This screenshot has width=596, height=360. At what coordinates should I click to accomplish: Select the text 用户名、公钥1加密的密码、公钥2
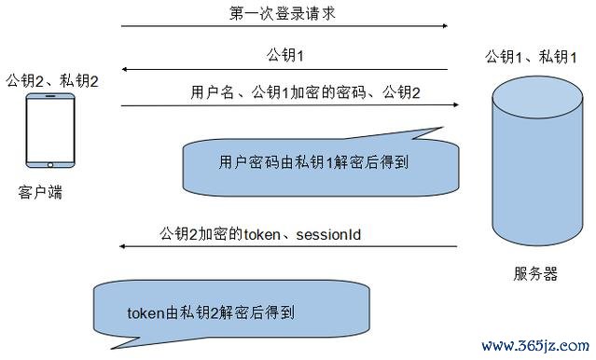[305, 93]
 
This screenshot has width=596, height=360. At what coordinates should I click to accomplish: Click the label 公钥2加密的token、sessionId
[260, 232]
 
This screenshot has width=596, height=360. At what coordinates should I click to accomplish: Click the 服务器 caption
[534, 273]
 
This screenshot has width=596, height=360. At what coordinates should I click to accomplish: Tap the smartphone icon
[50, 132]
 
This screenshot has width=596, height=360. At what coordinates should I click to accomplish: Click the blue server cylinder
[534, 164]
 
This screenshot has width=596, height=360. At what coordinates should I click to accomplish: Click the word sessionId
[328, 232]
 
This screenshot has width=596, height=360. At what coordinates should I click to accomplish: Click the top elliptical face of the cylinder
[534, 94]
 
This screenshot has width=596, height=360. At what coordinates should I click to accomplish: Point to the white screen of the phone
[50, 132]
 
